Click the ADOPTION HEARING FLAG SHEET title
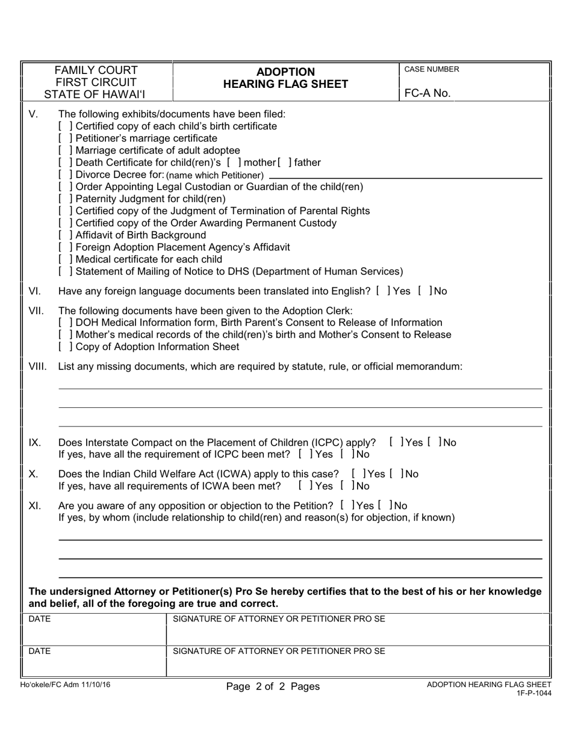tap(286, 78)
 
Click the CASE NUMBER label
tap(431, 69)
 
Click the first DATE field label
tap(40, 618)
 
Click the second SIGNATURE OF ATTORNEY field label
tap(279, 650)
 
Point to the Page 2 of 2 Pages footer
tap(273, 686)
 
